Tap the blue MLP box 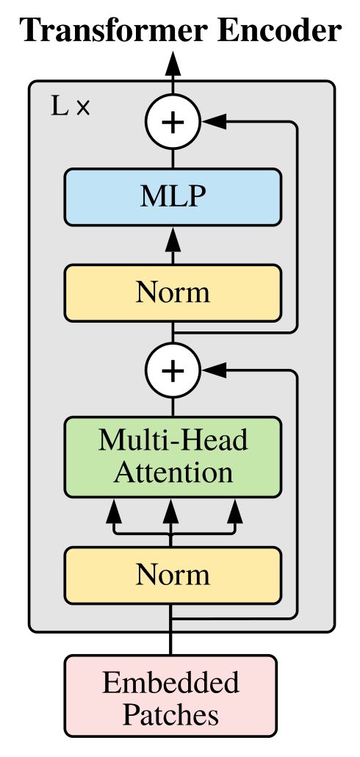click(x=173, y=196)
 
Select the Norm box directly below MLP click(x=173, y=293)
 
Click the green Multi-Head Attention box click(x=173, y=456)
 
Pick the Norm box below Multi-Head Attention click(x=173, y=575)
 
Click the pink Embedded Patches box click(x=171, y=696)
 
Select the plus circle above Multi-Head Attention click(x=173, y=370)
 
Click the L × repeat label click(x=71, y=107)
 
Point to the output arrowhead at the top click(x=173, y=64)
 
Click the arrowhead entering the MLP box click(x=173, y=239)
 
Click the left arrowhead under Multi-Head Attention click(x=114, y=511)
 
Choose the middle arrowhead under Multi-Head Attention click(x=170, y=511)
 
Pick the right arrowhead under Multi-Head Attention click(x=236, y=511)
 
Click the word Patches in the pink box click(x=171, y=715)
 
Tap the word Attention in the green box click(x=173, y=473)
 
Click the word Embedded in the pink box click(x=171, y=682)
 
